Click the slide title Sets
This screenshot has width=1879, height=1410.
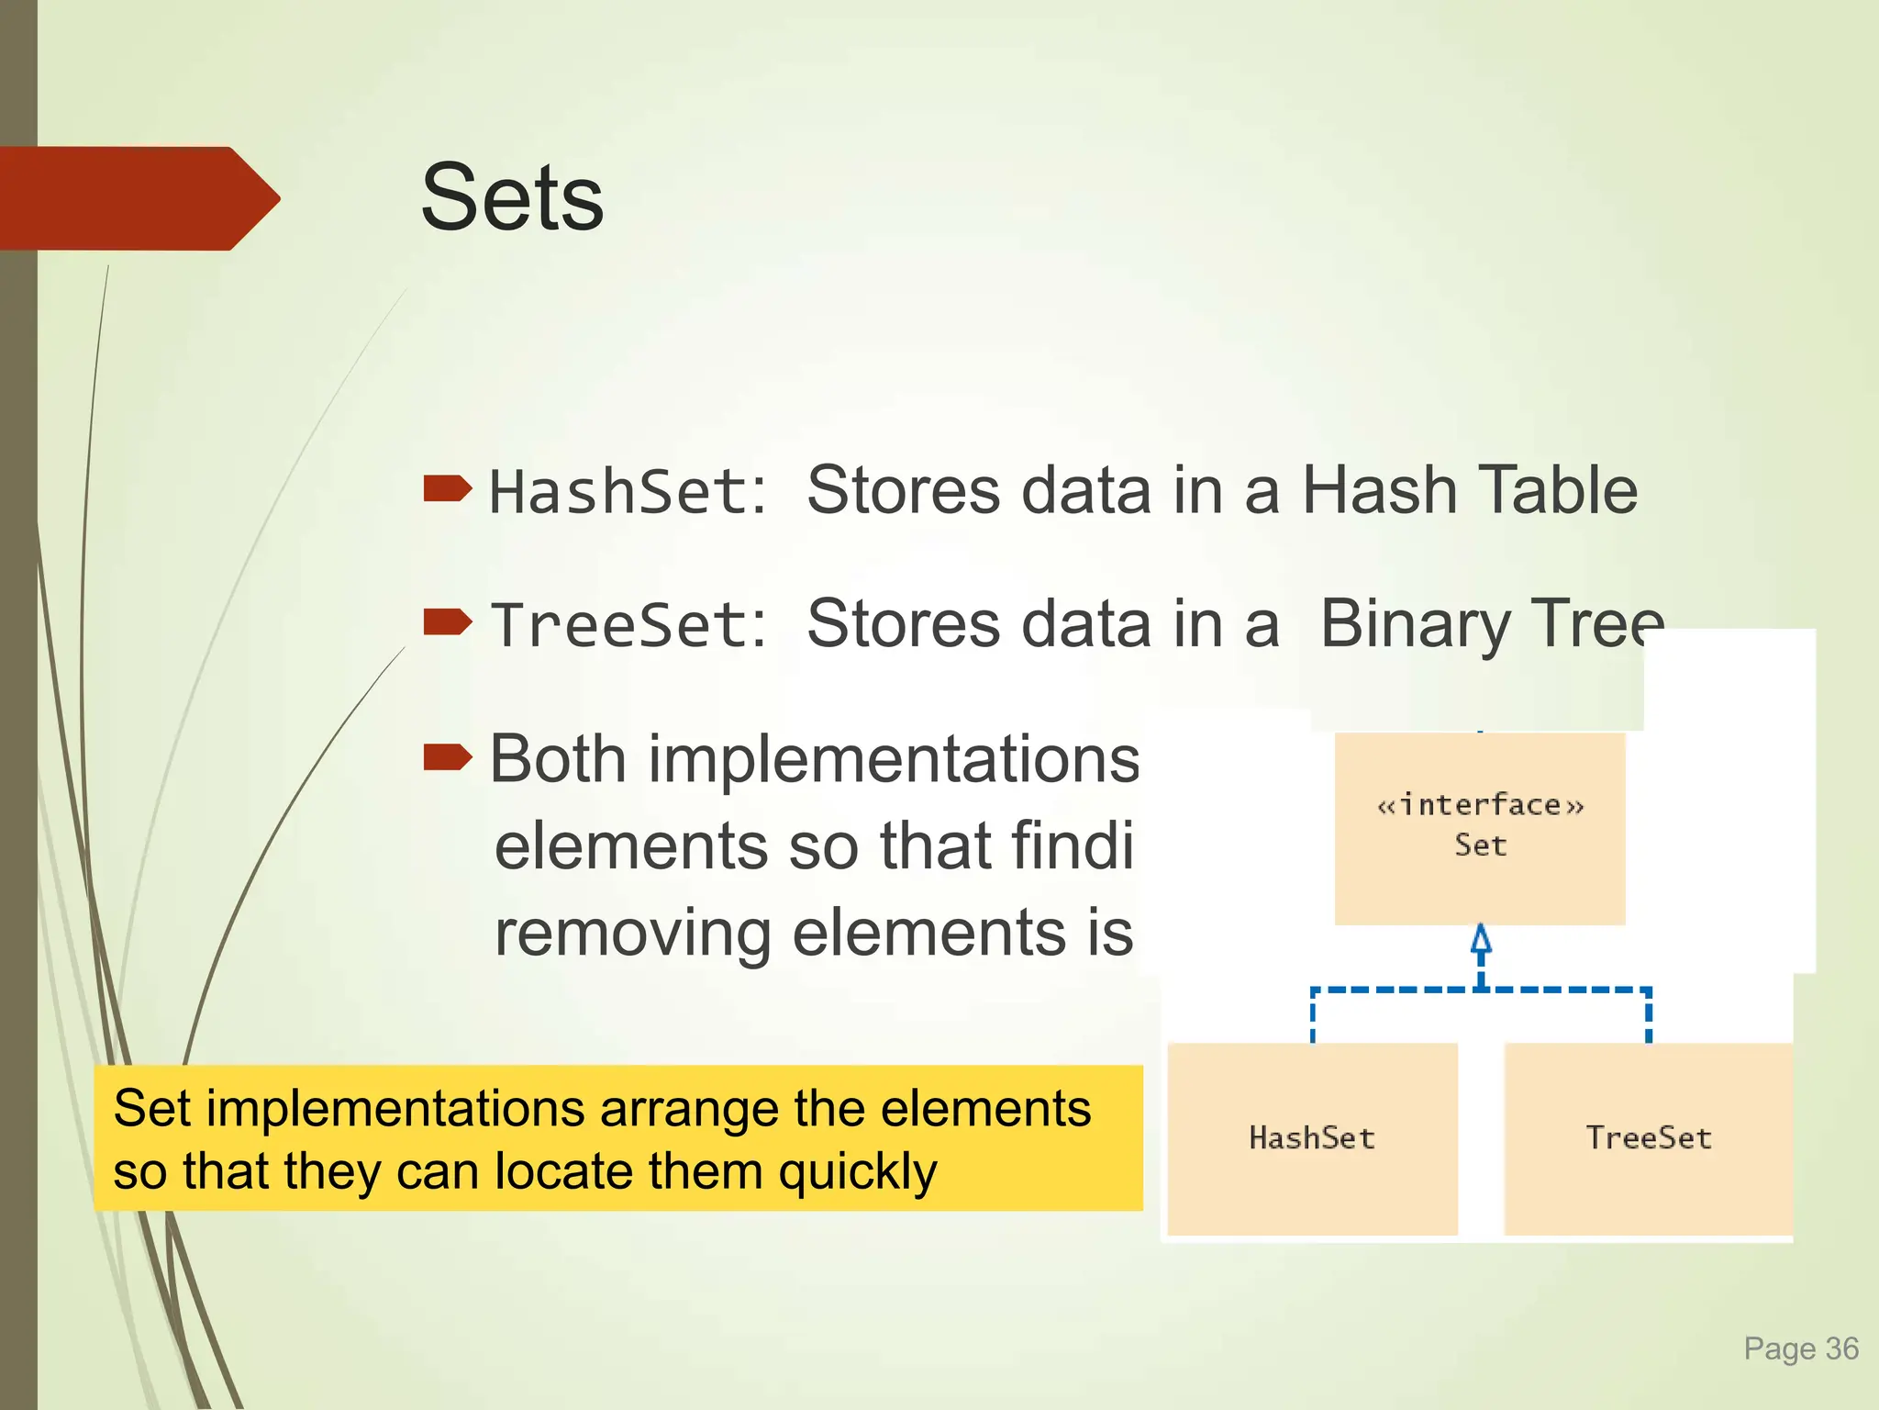pyautogui.click(x=512, y=197)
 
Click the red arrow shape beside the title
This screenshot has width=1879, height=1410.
pyautogui.click(x=138, y=198)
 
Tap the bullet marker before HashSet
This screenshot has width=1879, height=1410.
pyautogui.click(x=447, y=488)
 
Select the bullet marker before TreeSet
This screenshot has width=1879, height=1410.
pyautogui.click(x=447, y=621)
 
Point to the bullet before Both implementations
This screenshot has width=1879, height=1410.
pyautogui.click(x=447, y=757)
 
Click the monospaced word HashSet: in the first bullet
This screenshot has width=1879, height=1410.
pyautogui.click(x=628, y=491)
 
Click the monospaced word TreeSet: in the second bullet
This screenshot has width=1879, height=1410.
pyautogui.click(x=628, y=625)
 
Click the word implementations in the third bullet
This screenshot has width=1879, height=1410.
pyautogui.click(x=894, y=759)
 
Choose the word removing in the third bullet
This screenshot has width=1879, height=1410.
pyautogui.click(x=633, y=933)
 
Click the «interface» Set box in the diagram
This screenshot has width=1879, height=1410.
pyautogui.click(x=1480, y=826)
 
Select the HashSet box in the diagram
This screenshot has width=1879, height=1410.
pyautogui.click(x=1312, y=1138)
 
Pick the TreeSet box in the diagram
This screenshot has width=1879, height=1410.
pyautogui.click(x=1649, y=1138)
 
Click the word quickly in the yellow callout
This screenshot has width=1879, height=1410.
pyautogui.click(x=858, y=1172)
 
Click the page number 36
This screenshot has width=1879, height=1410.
pyautogui.click(x=1841, y=1348)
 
